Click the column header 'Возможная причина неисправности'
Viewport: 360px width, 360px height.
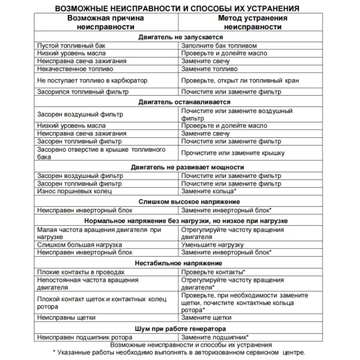pyautogui.click(x=106, y=22)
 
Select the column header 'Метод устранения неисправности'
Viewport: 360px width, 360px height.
pyautogui.click(x=253, y=22)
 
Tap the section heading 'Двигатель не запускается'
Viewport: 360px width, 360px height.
pyautogui.click(x=181, y=37)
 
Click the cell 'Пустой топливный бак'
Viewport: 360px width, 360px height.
pyautogui.click(x=71, y=46)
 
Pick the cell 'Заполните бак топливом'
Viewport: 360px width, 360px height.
pyautogui.click(x=219, y=46)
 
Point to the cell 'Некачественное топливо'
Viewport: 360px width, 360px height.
pyautogui.click(x=75, y=69)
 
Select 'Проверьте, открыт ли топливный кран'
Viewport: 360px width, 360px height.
pyautogui.click(x=240, y=81)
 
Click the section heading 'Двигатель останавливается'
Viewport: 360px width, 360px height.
pyautogui.click(x=184, y=102)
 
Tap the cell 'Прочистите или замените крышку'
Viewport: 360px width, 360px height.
pyautogui.click(x=233, y=153)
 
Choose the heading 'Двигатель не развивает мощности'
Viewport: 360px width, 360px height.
pyautogui.click(x=187, y=167)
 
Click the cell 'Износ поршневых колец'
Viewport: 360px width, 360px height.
pyautogui.click(x=74, y=191)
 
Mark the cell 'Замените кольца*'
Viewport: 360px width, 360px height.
pyautogui.click(x=209, y=191)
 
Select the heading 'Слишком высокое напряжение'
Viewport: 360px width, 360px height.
pyautogui.click(x=189, y=202)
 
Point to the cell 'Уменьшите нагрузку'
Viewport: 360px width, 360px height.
pyautogui.click(x=212, y=245)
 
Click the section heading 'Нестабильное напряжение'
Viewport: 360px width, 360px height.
pyautogui.click(x=178, y=263)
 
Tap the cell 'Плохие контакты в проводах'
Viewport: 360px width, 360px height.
pyautogui.click(x=81, y=272)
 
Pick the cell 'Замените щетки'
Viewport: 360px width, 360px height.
pyautogui.click(x=206, y=318)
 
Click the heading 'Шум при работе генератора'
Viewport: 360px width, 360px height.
pyautogui.click(x=180, y=329)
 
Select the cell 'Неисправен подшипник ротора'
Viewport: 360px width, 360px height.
pyautogui.click(x=84, y=337)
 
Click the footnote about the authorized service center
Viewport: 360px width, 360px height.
pyautogui.click(x=179, y=353)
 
